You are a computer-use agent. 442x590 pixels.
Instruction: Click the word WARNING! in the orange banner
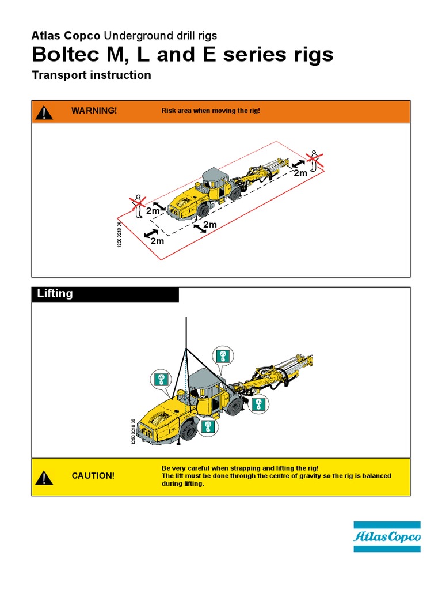[94, 111]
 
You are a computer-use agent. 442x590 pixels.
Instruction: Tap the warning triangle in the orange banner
[44, 112]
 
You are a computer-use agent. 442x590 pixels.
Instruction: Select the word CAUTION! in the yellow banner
[93, 476]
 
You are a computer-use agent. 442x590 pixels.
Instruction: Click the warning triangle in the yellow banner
[44, 478]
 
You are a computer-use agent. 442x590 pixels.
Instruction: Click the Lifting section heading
[55, 294]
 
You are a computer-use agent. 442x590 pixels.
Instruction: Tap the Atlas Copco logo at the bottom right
[387, 537]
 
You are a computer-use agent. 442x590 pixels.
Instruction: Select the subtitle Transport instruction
[92, 75]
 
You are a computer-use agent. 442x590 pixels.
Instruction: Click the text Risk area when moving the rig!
[211, 111]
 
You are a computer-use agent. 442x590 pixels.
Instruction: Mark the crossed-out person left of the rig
[138, 205]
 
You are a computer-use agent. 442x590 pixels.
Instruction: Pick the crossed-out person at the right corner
[313, 160]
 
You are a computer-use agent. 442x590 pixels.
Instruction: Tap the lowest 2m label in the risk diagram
[157, 241]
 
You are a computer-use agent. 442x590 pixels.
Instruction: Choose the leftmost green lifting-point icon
[161, 379]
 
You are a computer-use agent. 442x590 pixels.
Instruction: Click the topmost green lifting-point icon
[222, 356]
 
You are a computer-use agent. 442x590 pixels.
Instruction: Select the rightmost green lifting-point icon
[258, 403]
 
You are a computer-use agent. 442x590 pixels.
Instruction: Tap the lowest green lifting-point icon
[208, 427]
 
